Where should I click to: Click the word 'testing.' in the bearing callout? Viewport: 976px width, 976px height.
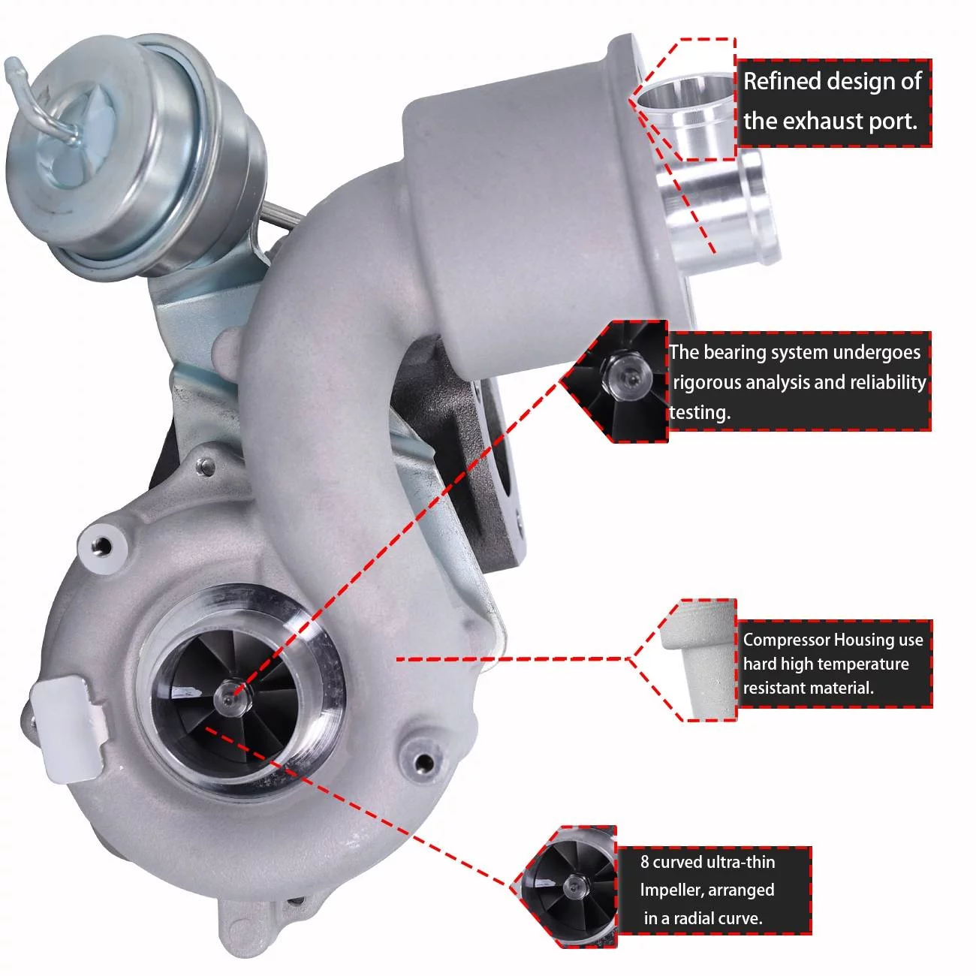(x=699, y=412)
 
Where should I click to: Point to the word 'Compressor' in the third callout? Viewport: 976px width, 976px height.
(x=787, y=640)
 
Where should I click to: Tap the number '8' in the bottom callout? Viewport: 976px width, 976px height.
(x=645, y=862)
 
